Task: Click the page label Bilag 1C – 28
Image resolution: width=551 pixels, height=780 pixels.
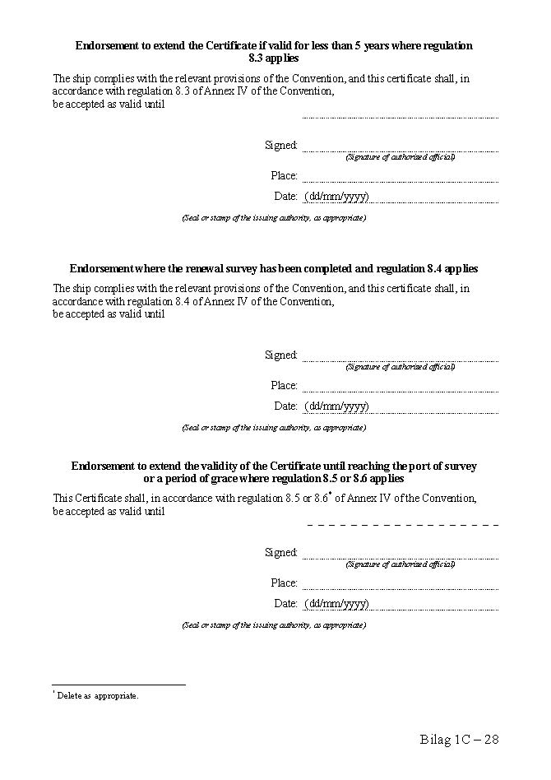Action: [459, 739]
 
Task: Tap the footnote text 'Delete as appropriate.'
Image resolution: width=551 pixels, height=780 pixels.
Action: [97, 695]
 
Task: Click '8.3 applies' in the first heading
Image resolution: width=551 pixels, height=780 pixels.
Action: [273, 58]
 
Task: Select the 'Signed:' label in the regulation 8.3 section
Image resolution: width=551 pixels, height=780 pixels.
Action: [280, 145]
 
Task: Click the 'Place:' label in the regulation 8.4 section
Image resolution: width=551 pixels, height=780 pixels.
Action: [284, 385]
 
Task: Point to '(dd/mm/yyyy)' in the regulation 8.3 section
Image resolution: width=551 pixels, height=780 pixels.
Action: [336, 196]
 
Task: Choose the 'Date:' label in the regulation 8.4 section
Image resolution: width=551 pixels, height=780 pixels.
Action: [285, 406]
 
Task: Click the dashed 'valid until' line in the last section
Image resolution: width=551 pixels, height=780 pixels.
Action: [403, 524]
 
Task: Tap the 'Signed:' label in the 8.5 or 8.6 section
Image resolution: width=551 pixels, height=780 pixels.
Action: [280, 552]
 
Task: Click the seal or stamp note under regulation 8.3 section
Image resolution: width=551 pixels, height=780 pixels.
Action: [273, 218]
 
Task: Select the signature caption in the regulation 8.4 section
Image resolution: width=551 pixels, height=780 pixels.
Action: [400, 366]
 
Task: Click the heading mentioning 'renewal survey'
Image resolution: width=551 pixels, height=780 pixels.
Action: [273, 268]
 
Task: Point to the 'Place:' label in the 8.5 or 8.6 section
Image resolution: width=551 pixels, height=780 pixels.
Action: [284, 583]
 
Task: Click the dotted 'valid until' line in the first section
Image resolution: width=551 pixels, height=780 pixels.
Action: [401, 118]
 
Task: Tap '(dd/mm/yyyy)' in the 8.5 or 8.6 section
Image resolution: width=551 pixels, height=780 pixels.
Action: [336, 603]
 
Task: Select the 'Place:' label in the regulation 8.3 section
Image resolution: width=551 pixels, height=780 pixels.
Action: [284, 175]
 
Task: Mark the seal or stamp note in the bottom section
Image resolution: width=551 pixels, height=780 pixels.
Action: [273, 625]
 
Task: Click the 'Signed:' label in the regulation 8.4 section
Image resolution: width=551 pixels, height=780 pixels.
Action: [280, 355]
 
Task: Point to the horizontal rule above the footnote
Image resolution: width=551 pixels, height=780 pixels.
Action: [118, 685]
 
